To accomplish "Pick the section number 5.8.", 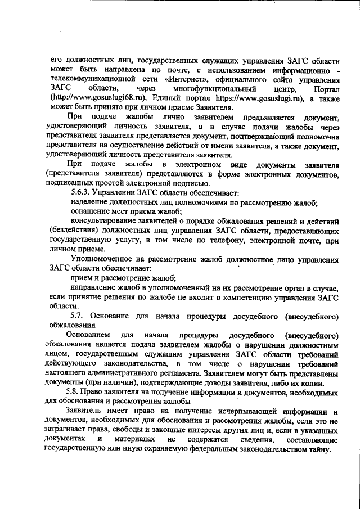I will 73,392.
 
